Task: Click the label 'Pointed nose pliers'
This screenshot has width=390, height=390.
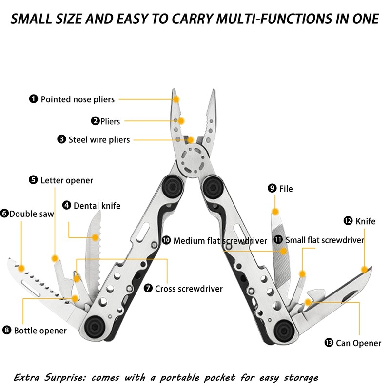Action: [x=78, y=99]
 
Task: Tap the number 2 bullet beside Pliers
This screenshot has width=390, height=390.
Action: [x=96, y=121]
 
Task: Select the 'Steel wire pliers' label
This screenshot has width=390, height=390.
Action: [x=99, y=140]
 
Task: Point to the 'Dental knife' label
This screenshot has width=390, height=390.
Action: [x=97, y=206]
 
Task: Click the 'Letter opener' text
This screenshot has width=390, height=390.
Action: [x=67, y=180]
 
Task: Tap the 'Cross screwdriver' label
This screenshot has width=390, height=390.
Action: [x=189, y=289]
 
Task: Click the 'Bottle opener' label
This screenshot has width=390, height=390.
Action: [x=40, y=331]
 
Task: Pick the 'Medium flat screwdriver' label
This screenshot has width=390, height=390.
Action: [x=220, y=241]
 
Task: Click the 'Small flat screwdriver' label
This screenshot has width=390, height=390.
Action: [x=325, y=240]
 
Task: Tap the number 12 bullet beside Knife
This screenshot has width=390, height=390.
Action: [x=348, y=221]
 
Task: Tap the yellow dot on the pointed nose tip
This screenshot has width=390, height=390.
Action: [x=176, y=98]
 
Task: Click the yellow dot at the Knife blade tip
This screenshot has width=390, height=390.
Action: [x=364, y=269]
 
